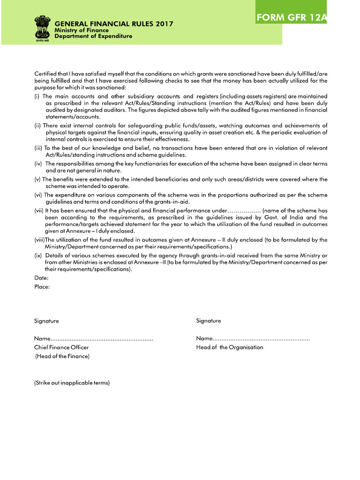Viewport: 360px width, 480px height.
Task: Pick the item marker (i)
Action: pyautogui.click(x=37, y=96)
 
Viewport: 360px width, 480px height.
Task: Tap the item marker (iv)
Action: pyautogui.click(x=38, y=164)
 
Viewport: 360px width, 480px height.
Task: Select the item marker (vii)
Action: pyautogui.click(x=39, y=211)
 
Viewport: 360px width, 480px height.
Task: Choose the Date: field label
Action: pyautogui.click(x=42, y=278)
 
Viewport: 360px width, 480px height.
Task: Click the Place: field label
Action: pyautogui.click(x=42, y=286)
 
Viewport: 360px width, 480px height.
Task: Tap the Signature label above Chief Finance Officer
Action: pyautogui.click(x=46, y=321)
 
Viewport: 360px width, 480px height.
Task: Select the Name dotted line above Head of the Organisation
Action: pyautogui.click(x=253, y=338)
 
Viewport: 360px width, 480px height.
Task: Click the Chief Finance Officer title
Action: pyautogui.click(x=61, y=347)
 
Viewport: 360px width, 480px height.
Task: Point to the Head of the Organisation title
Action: pyautogui.click(x=230, y=347)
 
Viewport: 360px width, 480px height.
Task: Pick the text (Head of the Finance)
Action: pyautogui.click(x=62, y=356)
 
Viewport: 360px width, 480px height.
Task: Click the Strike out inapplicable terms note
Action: pyautogui.click(x=72, y=383)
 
